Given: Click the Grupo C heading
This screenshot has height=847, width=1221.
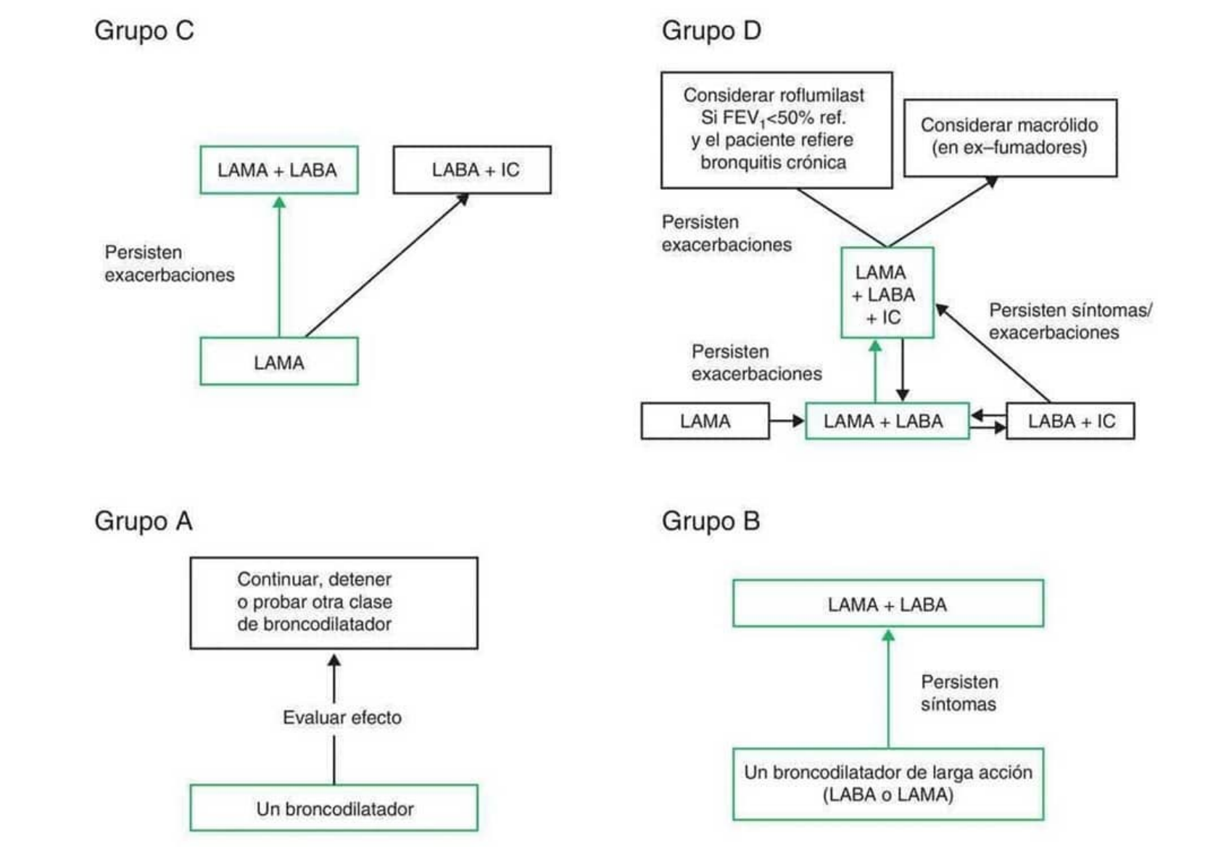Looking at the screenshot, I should point(144,30).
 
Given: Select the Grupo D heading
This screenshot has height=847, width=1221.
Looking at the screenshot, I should point(711,30).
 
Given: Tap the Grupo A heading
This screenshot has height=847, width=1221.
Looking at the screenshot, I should point(144,521).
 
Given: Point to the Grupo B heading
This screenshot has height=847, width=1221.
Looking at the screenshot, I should point(711,521).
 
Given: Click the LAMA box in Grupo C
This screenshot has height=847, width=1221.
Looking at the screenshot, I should point(279,362).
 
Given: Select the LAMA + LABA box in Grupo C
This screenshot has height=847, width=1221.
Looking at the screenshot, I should point(279,170).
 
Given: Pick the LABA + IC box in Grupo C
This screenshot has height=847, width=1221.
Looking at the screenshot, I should point(472,170).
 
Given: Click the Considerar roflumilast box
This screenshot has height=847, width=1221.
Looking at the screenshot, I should point(777,130).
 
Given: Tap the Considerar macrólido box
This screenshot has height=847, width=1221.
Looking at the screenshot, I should point(1010,138).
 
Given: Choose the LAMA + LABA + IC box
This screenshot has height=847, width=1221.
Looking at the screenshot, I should point(887,294).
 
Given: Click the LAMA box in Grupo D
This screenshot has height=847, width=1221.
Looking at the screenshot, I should point(705,421).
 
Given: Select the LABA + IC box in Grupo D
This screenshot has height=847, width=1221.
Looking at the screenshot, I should point(1070,421).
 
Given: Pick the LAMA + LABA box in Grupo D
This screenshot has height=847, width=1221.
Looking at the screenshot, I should point(887,421).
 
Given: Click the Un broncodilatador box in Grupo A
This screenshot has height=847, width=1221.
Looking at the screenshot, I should point(334,809).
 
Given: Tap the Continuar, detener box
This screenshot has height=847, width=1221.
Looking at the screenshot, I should point(334,603).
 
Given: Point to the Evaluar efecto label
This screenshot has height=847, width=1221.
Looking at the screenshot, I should point(342,717).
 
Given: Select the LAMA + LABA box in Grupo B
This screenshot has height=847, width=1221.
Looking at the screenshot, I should point(888,604).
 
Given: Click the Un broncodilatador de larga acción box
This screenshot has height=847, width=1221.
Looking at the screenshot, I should point(888,784).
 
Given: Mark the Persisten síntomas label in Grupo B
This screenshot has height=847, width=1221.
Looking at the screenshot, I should point(959,693).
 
